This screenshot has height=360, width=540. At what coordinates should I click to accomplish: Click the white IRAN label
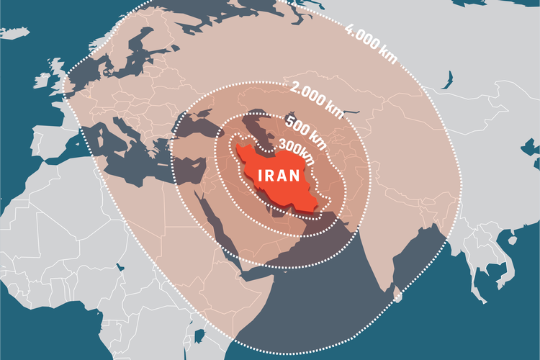coord(279,176)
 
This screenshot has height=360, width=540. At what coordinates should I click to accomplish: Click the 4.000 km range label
coord(371,42)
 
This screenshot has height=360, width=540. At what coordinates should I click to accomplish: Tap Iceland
coord(18,32)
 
